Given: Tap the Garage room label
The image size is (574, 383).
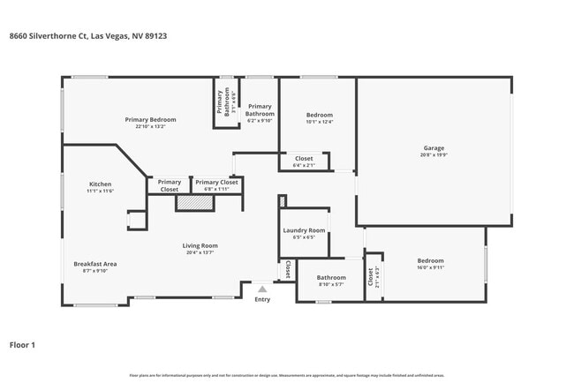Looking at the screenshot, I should click(433, 148).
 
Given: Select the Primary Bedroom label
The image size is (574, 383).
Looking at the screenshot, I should click(150, 120).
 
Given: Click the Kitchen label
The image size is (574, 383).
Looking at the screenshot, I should click(100, 184).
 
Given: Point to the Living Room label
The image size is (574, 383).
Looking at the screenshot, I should click(200, 246).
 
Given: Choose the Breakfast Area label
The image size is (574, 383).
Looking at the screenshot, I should click(95, 264).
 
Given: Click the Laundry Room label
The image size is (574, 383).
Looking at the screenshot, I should click(304, 230).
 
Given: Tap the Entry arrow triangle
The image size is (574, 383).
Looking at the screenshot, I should click(261, 289).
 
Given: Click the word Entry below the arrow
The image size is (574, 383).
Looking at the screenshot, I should click(262, 300).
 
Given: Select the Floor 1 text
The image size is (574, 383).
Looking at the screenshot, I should click(22, 345).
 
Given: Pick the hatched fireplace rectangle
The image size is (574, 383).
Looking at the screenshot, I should click(194, 203).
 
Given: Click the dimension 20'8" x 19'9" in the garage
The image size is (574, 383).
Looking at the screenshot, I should click(433, 155).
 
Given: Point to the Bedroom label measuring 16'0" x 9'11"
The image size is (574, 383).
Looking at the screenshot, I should click(430, 261).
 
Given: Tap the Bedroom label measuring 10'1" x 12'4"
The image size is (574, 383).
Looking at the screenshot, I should click(319, 116).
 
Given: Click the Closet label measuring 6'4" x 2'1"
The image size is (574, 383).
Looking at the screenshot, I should click(303, 159).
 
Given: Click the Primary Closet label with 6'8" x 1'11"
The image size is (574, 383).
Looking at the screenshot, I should click(212, 183).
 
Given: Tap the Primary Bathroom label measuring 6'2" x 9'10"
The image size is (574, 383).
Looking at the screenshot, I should click(260, 109).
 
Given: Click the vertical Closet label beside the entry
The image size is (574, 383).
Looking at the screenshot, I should click(288, 270).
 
